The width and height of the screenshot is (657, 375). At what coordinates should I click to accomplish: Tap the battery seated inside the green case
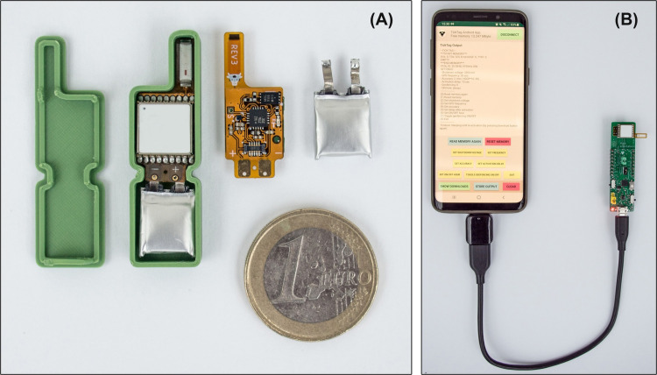165,221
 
